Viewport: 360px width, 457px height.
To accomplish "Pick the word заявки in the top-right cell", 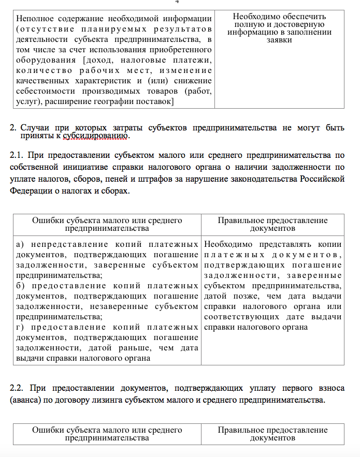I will (280, 40).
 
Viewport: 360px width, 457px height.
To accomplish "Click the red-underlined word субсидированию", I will (96, 137).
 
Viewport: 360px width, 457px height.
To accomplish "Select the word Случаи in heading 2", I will (34, 127).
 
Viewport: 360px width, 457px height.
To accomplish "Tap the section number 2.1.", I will (17, 155).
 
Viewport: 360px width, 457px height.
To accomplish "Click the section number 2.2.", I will (17, 388).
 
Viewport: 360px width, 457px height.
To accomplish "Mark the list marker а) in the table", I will (20, 244).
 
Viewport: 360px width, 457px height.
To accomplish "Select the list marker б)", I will (20, 286).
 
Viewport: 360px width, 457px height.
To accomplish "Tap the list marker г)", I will (20, 327).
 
